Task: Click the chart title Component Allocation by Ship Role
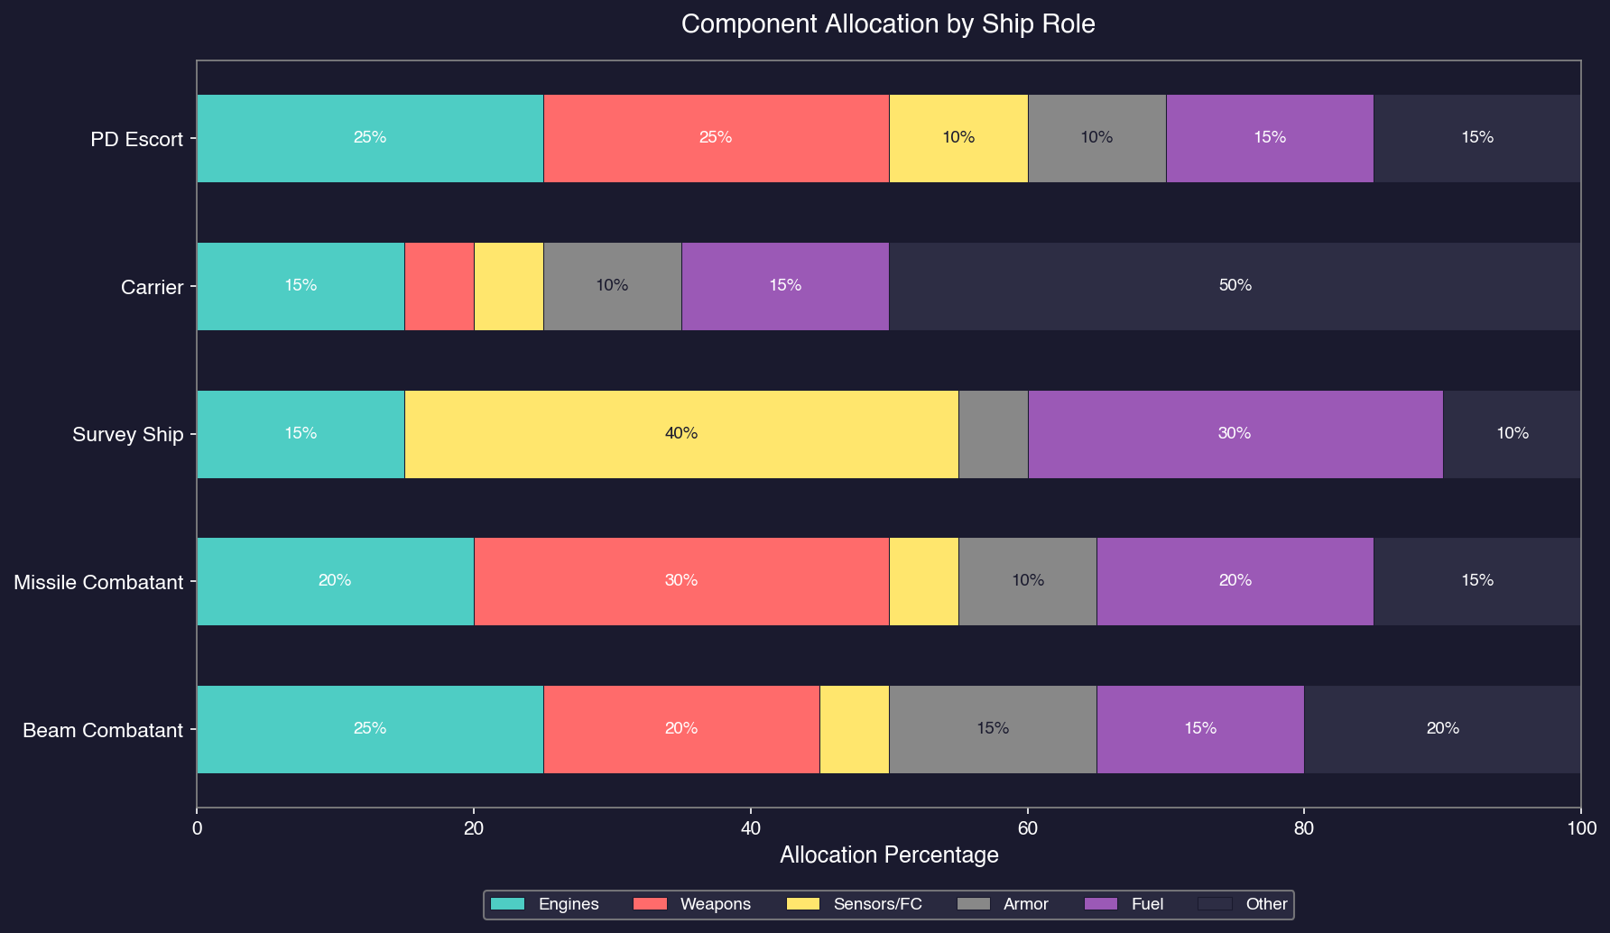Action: click(x=888, y=24)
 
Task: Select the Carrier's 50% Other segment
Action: click(x=1235, y=286)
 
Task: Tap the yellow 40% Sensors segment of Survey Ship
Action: click(x=681, y=434)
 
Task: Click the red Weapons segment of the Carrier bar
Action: click(x=440, y=286)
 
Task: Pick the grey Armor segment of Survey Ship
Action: click(x=993, y=434)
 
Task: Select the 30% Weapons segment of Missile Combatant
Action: click(x=681, y=581)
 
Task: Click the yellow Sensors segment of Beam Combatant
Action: click(x=855, y=729)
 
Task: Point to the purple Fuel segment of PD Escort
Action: click(x=1270, y=138)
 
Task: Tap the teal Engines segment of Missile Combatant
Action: click(x=335, y=581)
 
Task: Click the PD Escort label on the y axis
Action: click(x=136, y=139)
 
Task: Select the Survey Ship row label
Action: click(x=127, y=434)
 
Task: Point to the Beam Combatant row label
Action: click(x=103, y=730)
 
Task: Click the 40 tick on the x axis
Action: click(x=750, y=827)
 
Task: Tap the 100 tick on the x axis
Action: click(x=1580, y=827)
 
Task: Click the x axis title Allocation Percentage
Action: click(x=888, y=855)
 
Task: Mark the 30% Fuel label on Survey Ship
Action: click(x=1235, y=434)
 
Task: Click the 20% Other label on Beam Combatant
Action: click(x=1442, y=729)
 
